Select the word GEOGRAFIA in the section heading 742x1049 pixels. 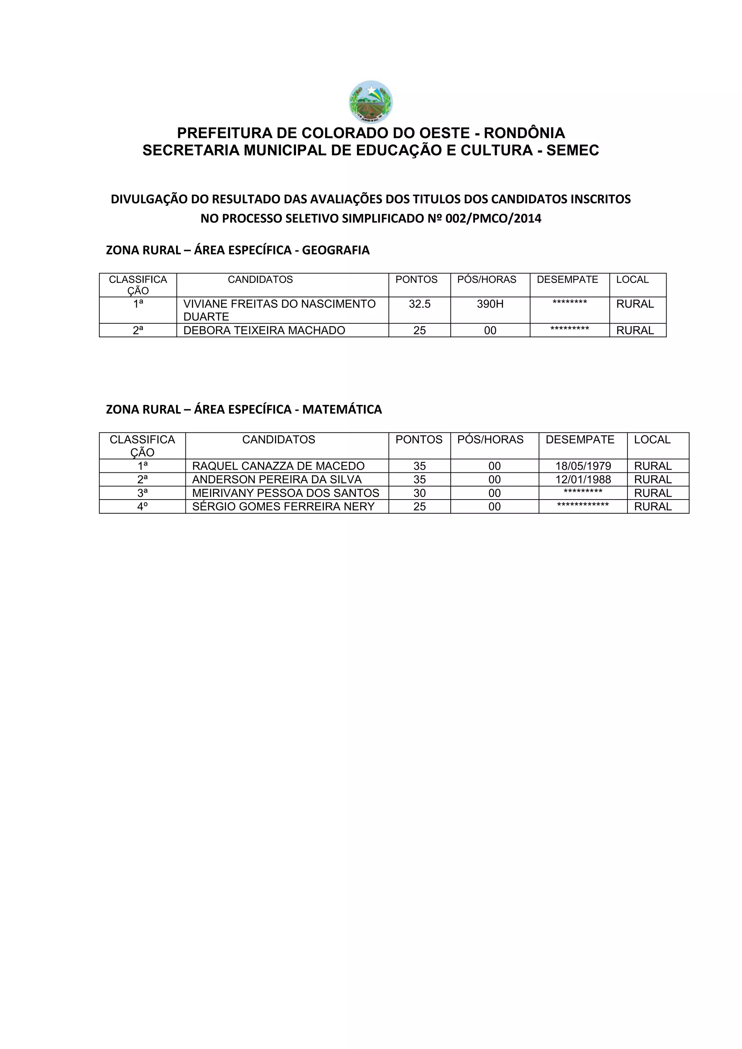(335, 250)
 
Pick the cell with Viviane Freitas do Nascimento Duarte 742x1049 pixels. (279, 310)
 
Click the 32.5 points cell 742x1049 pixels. (420, 304)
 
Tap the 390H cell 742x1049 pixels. (490, 304)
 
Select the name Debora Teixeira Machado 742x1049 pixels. (264, 330)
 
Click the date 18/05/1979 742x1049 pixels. (583, 466)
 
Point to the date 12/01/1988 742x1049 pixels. (583, 480)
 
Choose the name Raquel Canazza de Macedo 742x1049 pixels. (278, 466)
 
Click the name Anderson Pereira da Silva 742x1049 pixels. (277, 480)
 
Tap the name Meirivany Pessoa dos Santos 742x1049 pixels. (285, 493)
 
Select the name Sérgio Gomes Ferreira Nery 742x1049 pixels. (283, 507)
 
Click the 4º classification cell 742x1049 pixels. (142, 507)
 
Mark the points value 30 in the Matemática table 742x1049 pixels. (420, 493)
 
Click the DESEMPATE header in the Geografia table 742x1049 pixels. (567, 280)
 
